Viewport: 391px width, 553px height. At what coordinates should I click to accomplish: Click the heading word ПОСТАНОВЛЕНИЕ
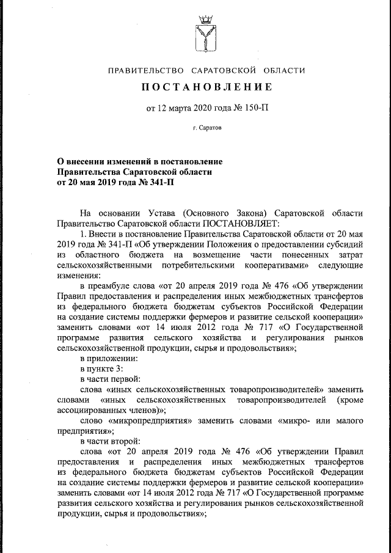(206, 87)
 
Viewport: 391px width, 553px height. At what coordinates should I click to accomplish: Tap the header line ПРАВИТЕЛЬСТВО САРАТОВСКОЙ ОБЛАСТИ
(206, 70)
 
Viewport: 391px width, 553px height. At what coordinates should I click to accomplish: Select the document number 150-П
(254, 109)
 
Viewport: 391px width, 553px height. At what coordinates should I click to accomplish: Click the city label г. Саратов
(207, 128)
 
